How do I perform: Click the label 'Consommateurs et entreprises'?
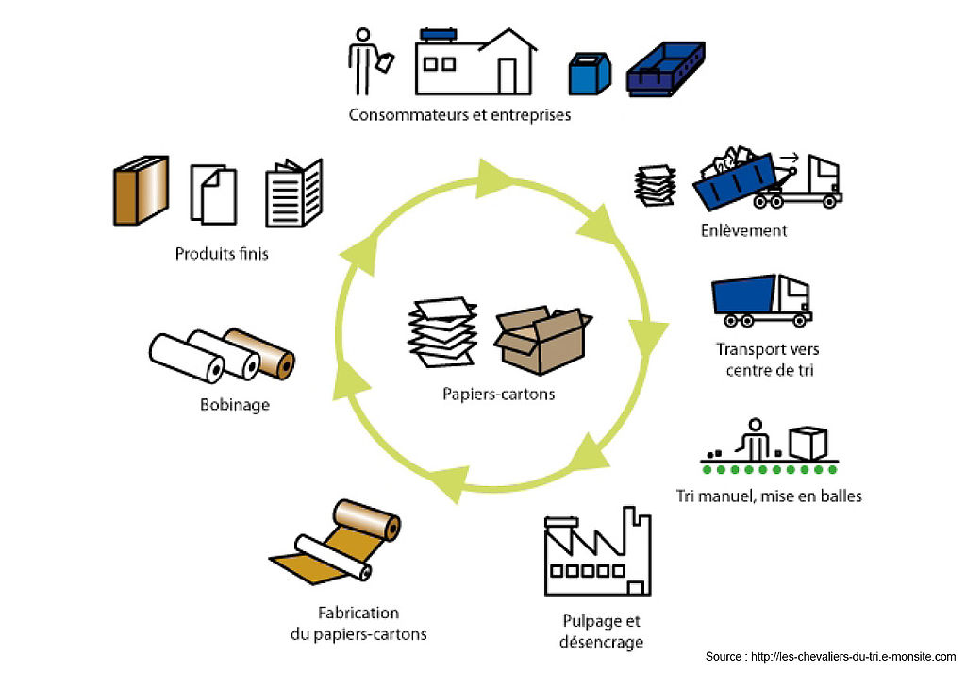pyautogui.click(x=459, y=115)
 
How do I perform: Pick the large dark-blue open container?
pyautogui.click(x=666, y=69)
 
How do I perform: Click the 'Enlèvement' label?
pyautogui.click(x=743, y=230)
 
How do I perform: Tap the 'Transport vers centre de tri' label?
pyautogui.click(x=769, y=360)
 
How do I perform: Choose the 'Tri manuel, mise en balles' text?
pyautogui.click(x=769, y=496)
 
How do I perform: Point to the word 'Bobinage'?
pyautogui.click(x=235, y=405)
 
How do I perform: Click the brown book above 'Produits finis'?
pyautogui.click(x=141, y=191)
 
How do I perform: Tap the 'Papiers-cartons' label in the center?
pyautogui.click(x=499, y=395)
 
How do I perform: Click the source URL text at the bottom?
pyautogui.click(x=830, y=656)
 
